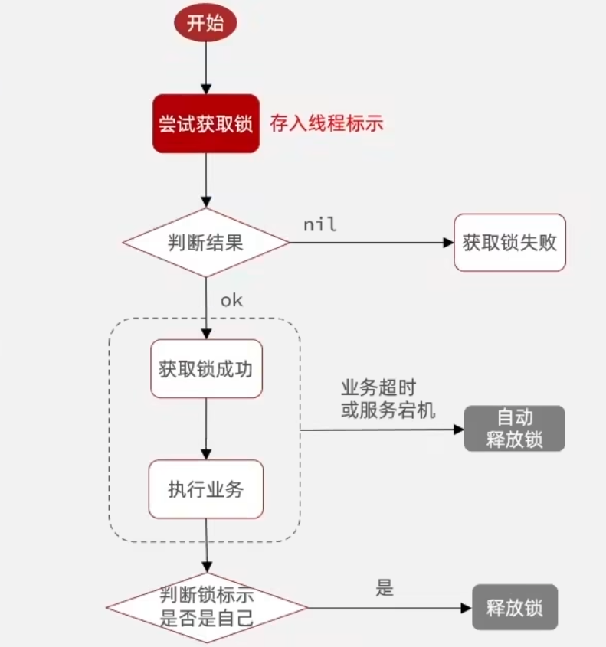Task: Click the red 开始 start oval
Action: click(x=205, y=23)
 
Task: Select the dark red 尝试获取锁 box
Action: click(x=205, y=124)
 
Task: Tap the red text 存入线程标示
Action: click(x=326, y=123)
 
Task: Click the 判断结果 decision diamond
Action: click(x=205, y=243)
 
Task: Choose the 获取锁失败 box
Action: click(x=509, y=243)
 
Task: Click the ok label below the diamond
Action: click(x=231, y=300)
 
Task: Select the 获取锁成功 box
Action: click(x=205, y=368)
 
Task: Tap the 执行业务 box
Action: click(x=205, y=489)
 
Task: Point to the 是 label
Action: click(x=384, y=588)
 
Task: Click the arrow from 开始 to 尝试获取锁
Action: click(x=205, y=67)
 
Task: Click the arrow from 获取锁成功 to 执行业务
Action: click(x=205, y=429)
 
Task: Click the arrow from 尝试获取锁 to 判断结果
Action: click(x=205, y=180)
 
